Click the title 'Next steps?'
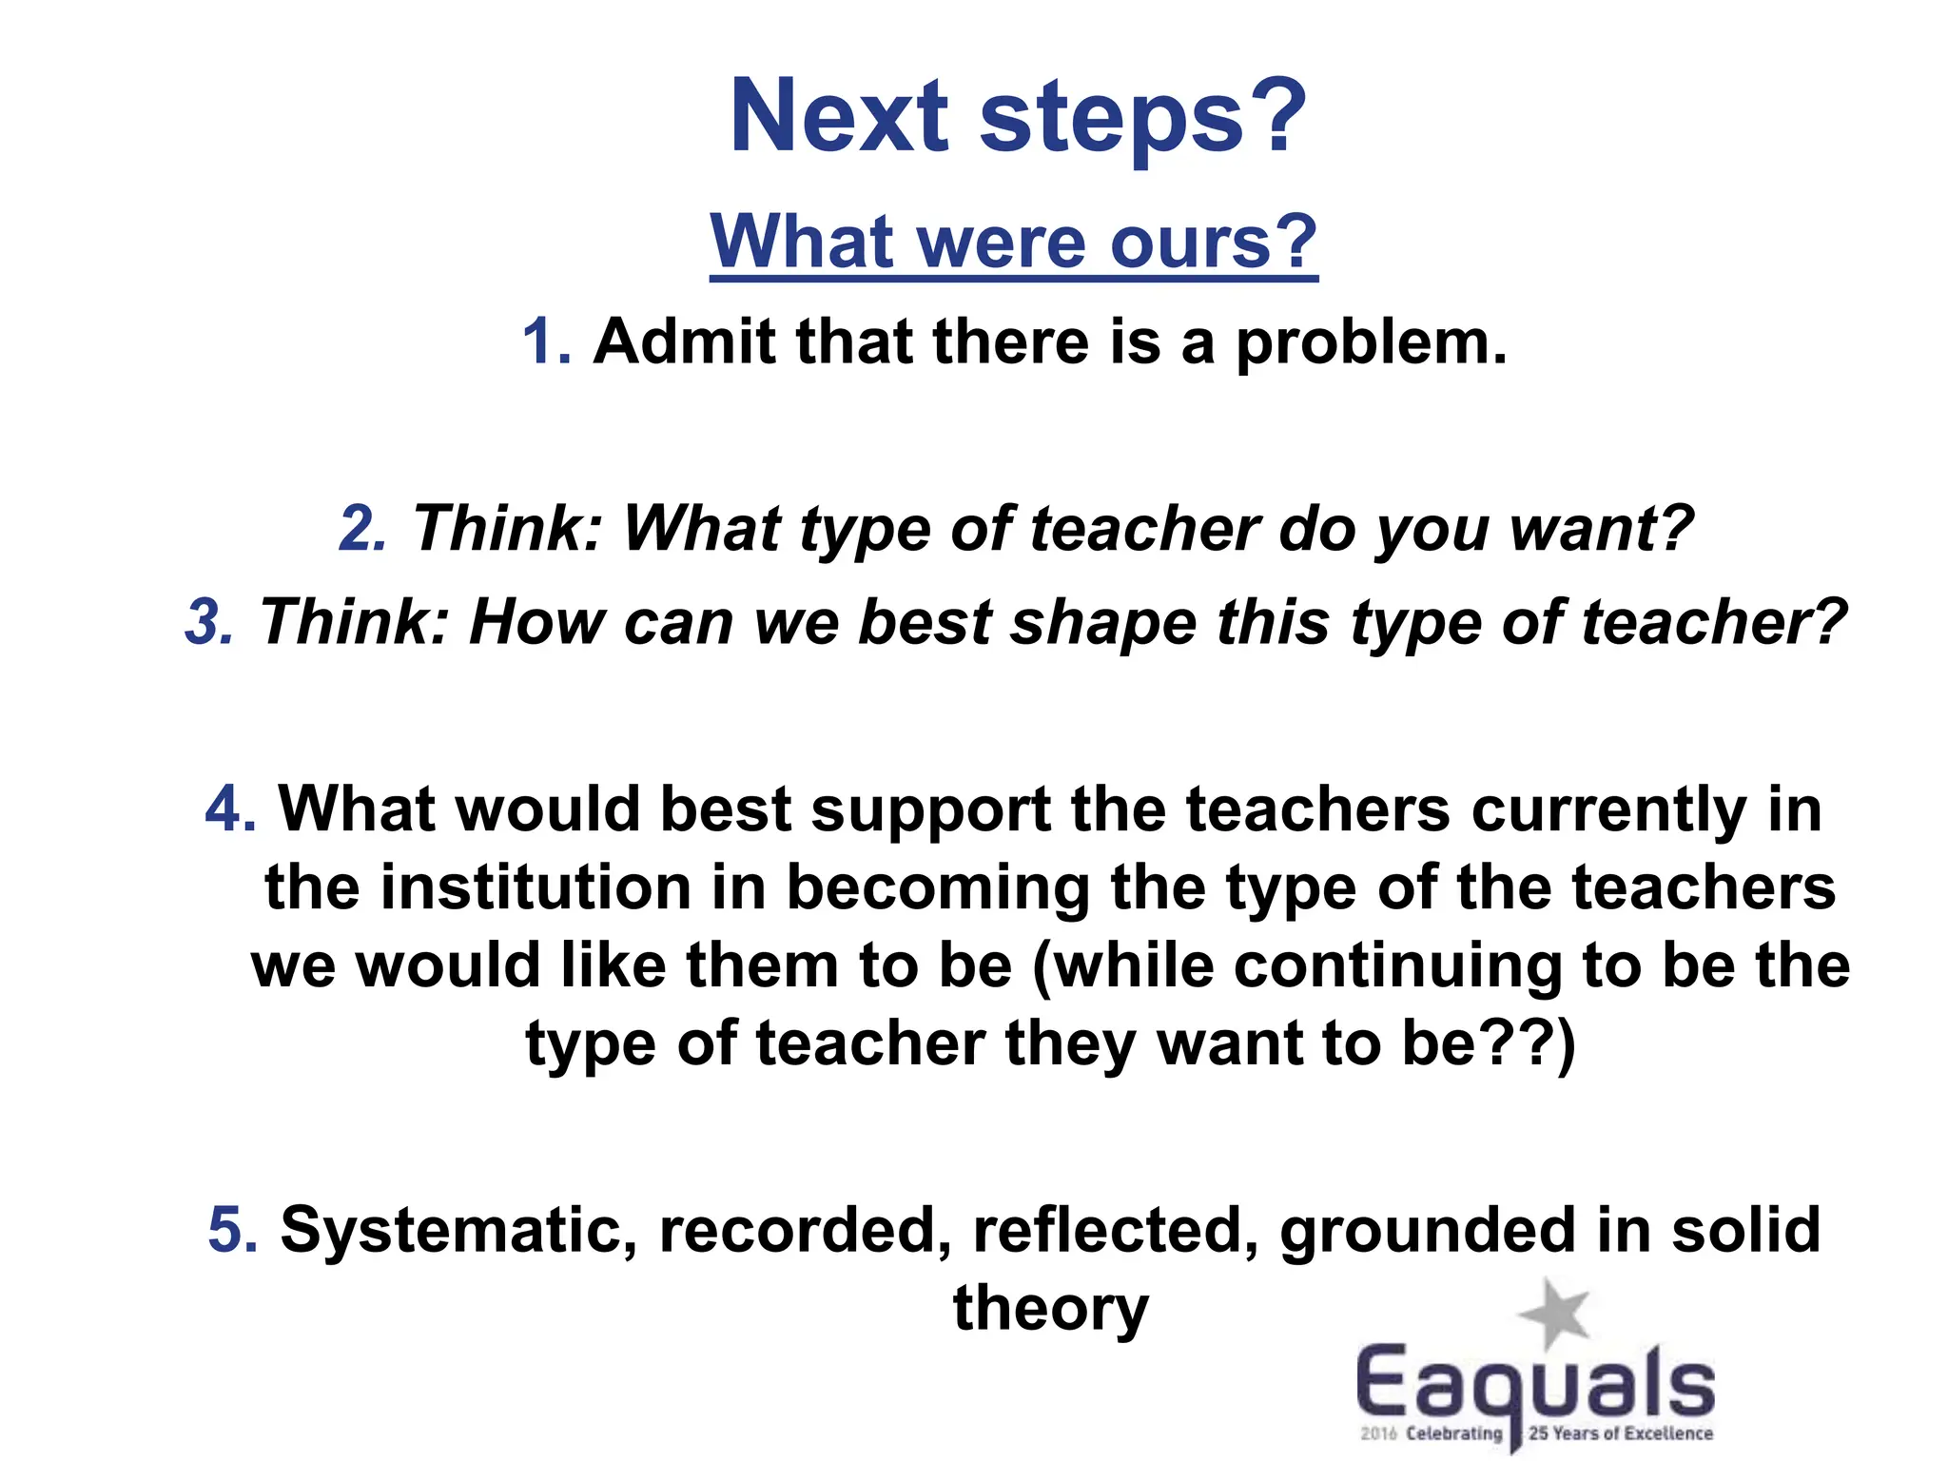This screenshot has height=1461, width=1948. coord(1018,116)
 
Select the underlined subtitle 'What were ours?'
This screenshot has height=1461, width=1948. coord(1014,242)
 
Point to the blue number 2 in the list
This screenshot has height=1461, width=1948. coord(362,528)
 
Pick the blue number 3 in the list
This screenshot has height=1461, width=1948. coord(208,622)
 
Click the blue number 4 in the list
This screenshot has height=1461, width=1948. coord(230,809)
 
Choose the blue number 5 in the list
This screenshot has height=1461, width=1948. coord(232,1229)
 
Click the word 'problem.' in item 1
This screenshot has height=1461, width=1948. coord(1371,342)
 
